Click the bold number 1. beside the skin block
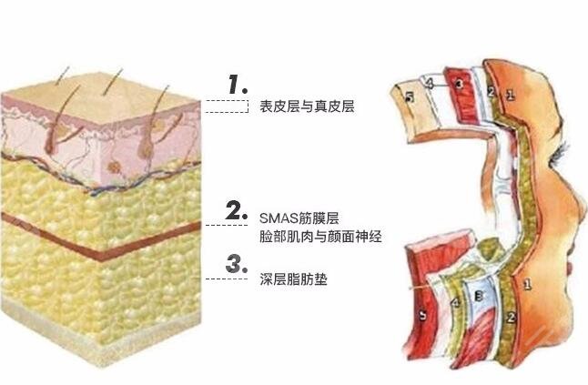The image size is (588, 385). (238, 86)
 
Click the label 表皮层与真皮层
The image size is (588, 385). (301, 106)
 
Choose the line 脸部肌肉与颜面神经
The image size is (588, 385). (319, 237)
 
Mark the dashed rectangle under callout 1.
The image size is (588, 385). (227, 106)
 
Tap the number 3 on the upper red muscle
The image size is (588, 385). (459, 84)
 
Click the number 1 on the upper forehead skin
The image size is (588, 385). (510, 94)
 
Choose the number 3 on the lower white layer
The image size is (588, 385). (478, 297)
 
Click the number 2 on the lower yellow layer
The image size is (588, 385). (512, 316)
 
